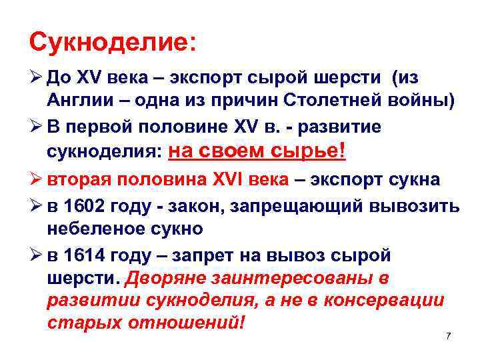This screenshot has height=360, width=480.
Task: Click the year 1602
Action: pos(83,206)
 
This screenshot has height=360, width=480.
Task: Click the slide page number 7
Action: pos(448,336)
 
